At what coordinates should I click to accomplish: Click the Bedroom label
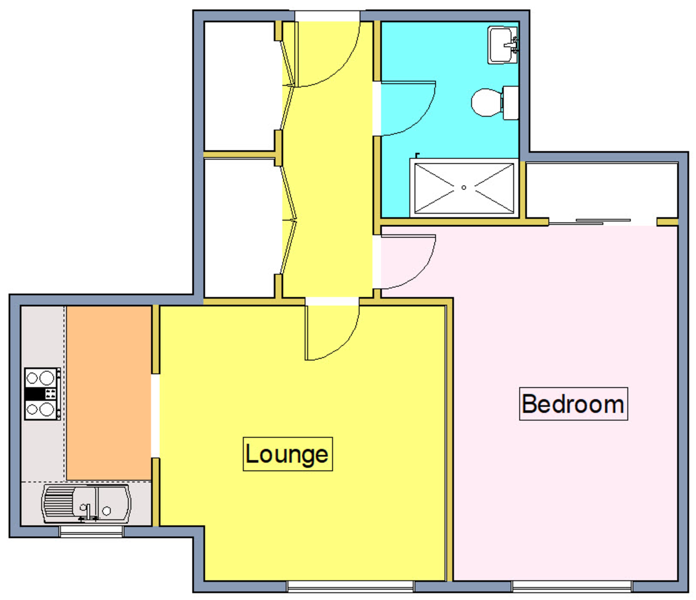pos(573,404)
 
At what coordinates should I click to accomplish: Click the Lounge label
pos(288,454)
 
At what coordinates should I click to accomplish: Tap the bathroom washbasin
pos(503,45)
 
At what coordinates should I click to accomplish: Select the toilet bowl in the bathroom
pos(487,102)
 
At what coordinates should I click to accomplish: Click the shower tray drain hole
pos(463,187)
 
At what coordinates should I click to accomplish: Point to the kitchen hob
pos(42,394)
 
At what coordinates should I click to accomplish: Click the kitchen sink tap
pos(88,513)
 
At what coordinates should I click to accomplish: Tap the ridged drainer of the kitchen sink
pos(58,505)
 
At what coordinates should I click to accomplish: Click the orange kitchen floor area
pos(109,393)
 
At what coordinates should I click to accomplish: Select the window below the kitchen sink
pos(91,532)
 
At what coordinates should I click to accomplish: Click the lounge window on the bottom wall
pos(350,586)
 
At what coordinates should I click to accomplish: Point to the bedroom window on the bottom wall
pos(572,586)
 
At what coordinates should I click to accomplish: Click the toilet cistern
pos(510,103)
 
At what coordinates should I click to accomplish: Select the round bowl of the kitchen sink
pos(107,511)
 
